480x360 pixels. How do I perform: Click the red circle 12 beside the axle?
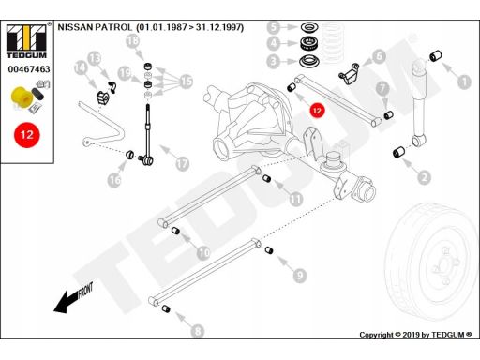(317, 111)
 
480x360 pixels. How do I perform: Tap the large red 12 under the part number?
(27, 135)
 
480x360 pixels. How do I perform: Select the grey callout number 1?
(464, 82)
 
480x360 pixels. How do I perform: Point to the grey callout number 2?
(424, 177)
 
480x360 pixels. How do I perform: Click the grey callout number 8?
(198, 331)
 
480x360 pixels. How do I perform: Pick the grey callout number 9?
(300, 275)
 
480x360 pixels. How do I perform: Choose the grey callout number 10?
(203, 252)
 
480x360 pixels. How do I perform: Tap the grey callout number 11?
(295, 199)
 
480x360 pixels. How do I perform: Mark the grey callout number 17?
(182, 163)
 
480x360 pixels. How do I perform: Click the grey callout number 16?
(114, 180)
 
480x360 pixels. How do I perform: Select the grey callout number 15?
(187, 82)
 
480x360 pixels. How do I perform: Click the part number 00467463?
(29, 69)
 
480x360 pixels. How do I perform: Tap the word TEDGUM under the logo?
(26, 55)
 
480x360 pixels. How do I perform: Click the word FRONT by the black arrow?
(85, 291)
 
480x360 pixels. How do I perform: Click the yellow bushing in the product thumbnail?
(22, 97)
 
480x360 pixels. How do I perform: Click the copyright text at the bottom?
(415, 335)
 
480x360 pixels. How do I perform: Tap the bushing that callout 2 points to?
(398, 152)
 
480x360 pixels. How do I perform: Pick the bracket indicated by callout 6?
(349, 74)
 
